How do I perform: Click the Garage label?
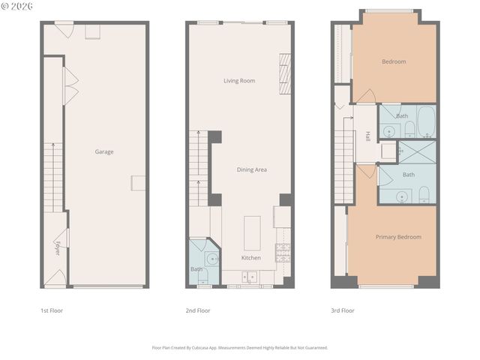pos(103,152)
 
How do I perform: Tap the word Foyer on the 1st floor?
pos(57,248)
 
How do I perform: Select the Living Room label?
pos(239,80)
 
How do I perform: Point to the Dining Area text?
pos(251,169)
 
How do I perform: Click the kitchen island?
pos(252,232)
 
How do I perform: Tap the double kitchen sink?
pos(249,277)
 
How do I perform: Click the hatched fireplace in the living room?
pos(285,73)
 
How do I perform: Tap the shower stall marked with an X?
pos(417,151)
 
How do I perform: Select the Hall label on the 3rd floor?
pos(367,136)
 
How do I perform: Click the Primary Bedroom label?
pos(398,237)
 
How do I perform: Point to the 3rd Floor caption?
pos(342,310)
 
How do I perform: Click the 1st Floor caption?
pos(52,310)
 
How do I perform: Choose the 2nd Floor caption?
pos(197,310)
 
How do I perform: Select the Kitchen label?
pos(250,258)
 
